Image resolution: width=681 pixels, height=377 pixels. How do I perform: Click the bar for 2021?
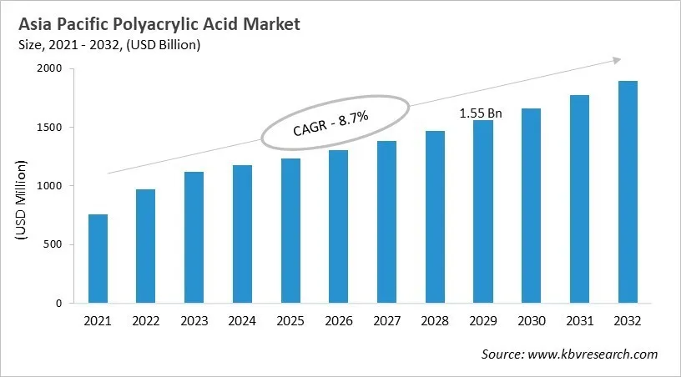click(x=98, y=259)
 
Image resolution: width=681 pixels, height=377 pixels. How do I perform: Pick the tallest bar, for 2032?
click(x=628, y=192)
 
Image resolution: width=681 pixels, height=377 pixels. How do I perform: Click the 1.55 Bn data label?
click(x=482, y=112)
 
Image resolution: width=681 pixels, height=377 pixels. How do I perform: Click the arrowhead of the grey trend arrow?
click(x=616, y=59)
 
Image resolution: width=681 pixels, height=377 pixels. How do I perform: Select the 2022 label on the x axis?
click(x=145, y=321)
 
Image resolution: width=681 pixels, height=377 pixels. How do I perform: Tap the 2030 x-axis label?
click(x=531, y=321)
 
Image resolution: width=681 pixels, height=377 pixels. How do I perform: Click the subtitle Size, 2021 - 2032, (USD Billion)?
click(x=104, y=45)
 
